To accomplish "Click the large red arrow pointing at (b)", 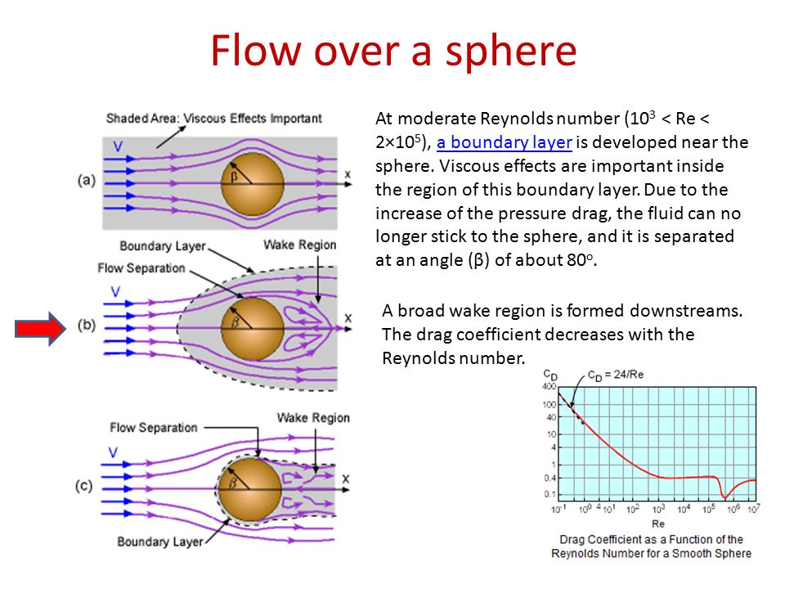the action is [40, 329].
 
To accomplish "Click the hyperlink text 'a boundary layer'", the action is [505, 142].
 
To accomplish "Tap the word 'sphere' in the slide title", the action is [511, 51].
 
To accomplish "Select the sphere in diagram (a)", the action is [253, 184].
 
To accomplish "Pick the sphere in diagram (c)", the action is [250, 489].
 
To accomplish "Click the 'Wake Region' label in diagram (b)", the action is [300, 245].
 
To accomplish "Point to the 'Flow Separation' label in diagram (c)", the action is [154, 428].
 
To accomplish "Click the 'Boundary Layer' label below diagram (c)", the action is [160, 542].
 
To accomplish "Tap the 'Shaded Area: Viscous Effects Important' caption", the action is [213, 118].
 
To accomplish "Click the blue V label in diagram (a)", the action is [118, 146].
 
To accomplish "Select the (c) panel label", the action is [83, 486].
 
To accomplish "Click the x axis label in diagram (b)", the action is [348, 318].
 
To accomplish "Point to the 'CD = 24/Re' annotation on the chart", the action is [616, 375].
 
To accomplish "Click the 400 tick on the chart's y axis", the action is [549, 386].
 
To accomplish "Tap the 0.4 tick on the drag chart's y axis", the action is [550, 478].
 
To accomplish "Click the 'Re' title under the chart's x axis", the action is [657, 524].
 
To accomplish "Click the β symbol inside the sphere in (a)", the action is [234, 177].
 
